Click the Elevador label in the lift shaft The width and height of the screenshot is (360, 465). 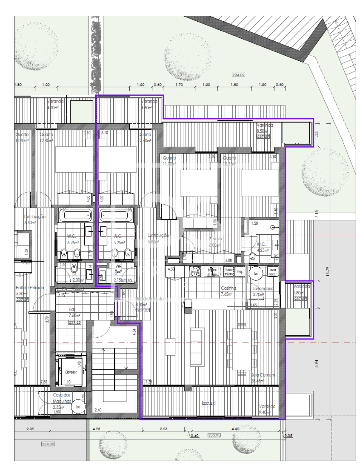[x=71, y=372]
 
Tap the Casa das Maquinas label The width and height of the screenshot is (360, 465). [x=62, y=398]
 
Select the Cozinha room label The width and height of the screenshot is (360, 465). [x=228, y=288]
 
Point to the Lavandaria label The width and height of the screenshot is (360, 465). [x=263, y=288]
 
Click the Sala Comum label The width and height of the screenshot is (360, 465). [x=263, y=375]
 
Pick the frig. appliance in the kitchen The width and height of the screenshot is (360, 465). [x=240, y=272]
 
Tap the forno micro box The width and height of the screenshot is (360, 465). [x=229, y=272]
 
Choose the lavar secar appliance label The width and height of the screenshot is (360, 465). [x=273, y=272]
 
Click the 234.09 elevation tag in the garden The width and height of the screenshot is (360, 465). [x=238, y=75]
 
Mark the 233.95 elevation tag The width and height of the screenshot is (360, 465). [x=214, y=435]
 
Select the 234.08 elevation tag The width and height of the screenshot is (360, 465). [x=48, y=444]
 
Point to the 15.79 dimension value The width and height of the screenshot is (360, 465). [x=327, y=271]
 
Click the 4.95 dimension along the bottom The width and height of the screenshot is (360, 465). [x=96, y=429]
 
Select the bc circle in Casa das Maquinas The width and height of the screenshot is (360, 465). [x=78, y=407]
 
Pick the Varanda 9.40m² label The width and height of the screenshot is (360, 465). [x=267, y=409]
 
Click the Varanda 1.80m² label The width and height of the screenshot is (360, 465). [x=301, y=289]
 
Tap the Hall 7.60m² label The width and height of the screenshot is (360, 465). [x=74, y=312]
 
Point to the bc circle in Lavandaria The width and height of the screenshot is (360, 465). [x=256, y=273]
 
